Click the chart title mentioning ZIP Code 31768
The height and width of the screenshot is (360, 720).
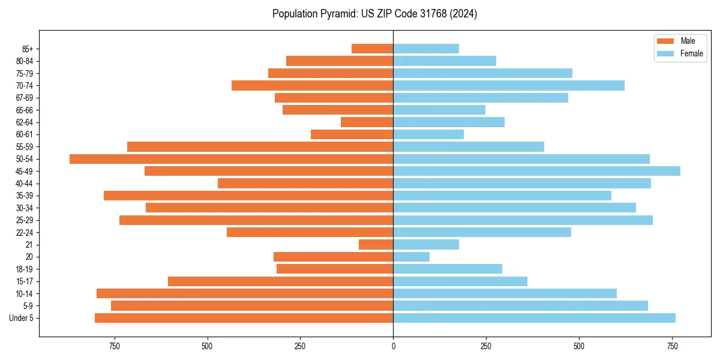point(374,14)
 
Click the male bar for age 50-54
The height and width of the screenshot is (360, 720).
point(231,159)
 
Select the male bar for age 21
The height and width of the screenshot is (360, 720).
point(376,245)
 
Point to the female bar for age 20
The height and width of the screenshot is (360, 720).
point(411,257)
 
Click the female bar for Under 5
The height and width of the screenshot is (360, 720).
point(534,318)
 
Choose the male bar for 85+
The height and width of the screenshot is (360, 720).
point(372,49)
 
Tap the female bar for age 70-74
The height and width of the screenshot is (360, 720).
point(509,85)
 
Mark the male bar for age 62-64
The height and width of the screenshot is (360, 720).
point(367,122)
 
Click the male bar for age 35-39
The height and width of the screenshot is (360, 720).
point(248,196)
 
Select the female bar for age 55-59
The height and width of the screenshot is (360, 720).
point(469,146)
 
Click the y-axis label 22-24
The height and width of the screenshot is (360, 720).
point(25,233)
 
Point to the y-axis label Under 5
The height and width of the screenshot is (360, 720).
point(21,318)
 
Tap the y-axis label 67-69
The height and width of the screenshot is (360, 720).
point(25,98)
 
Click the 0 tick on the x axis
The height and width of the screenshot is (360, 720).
point(393,346)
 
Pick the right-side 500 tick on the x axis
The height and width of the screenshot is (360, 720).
point(579,346)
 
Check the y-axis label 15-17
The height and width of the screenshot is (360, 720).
point(25,281)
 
